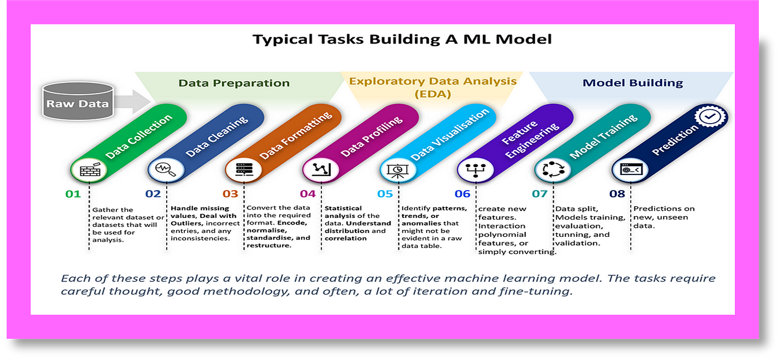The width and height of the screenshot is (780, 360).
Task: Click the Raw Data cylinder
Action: [x=78, y=102]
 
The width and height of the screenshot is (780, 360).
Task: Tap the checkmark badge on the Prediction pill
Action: [x=709, y=116]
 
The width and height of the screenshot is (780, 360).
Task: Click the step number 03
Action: [x=230, y=194]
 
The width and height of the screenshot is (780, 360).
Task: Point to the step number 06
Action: [x=462, y=194]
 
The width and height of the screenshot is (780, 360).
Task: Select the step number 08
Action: [x=617, y=194]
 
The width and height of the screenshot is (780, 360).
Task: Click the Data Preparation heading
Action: [x=234, y=83]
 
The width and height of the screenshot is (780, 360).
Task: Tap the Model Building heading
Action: [x=632, y=83]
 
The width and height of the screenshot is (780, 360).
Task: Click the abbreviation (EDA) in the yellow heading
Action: [x=432, y=94]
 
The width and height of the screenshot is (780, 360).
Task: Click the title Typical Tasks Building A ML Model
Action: [x=402, y=40]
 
